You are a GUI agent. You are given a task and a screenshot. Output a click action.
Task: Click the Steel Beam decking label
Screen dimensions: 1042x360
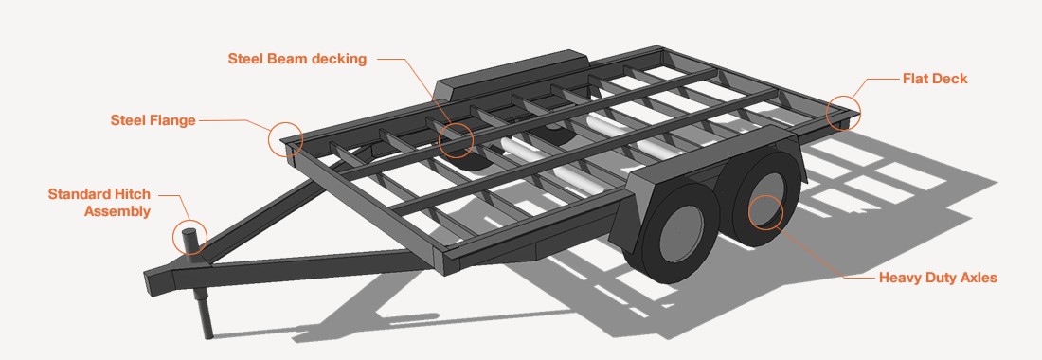pyautogui.click(x=297, y=59)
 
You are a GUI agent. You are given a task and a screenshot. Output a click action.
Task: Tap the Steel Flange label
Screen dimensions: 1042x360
pyautogui.click(x=153, y=120)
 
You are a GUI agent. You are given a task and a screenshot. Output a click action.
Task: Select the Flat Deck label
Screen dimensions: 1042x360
pyautogui.click(x=935, y=79)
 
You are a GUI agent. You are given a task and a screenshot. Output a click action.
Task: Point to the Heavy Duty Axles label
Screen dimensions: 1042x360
pyautogui.click(x=938, y=278)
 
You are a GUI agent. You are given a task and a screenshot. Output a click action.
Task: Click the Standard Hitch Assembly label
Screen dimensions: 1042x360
pyautogui.click(x=99, y=203)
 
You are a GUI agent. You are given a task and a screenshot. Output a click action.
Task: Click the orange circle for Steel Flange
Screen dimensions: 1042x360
pyautogui.click(x=286, y=139)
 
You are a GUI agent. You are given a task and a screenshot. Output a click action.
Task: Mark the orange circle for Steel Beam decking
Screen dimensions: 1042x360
pyautogui.click(x=456, y=140)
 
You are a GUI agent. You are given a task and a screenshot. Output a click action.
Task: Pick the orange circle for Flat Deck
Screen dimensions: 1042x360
pyautogui.click(x=843, y=113)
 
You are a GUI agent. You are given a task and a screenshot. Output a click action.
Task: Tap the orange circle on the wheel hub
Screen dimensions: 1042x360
pyautogui.click(x=765, y=212)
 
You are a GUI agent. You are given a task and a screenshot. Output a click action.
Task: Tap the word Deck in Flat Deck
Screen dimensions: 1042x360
pyautogui.click(x=950, y=79)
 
